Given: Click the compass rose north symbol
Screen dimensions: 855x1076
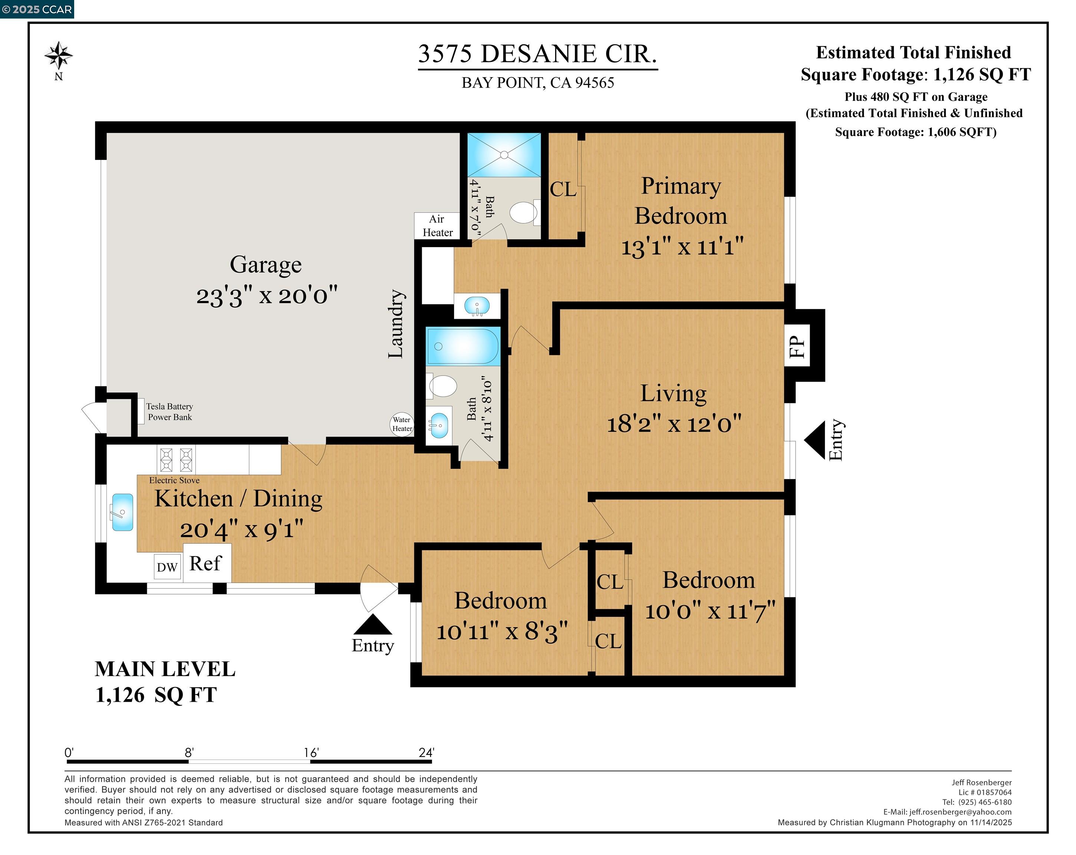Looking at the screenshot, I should point(59,56).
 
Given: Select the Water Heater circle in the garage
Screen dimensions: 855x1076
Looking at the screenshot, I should point(402,424).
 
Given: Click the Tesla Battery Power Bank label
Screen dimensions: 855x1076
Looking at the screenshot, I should point(170,412).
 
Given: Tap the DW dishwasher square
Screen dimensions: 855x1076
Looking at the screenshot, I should point(167,567).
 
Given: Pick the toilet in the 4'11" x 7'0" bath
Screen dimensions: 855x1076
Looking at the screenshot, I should point(523,213).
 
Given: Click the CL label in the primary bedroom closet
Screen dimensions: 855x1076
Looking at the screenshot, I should point(563,189).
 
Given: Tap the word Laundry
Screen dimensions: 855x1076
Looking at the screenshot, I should point(396,324).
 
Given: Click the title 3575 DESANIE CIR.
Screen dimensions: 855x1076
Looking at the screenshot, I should point(537,54).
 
